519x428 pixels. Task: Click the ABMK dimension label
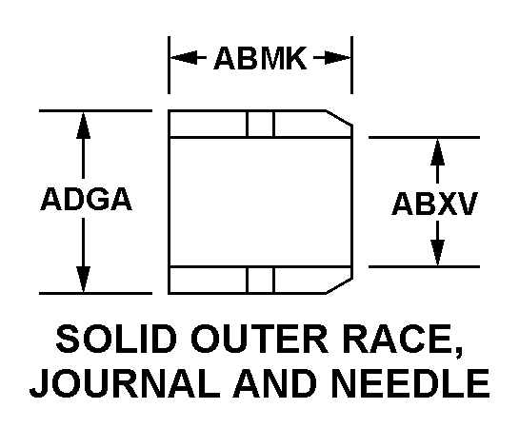point(260,58)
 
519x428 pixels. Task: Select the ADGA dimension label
point(86,199)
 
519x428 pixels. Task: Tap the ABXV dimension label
point(434,204)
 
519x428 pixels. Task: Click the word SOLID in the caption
point(116,340)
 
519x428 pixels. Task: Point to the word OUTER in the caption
point(259,340)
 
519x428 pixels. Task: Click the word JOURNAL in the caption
point(125,383)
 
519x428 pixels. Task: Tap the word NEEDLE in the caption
point(410,383)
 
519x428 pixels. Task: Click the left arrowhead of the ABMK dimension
point(184,58)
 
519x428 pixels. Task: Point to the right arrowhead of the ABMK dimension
point(337,58)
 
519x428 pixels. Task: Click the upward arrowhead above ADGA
point(83,125)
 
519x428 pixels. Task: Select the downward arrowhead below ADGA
point(83,280)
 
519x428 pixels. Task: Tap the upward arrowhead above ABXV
point(437,151)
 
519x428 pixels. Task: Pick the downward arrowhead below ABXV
point(437,252)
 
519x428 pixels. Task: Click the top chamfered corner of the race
point(339,118)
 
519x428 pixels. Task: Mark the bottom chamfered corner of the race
point(339,286)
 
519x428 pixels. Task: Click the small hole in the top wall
point(261,124)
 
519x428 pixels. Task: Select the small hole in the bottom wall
point(261,280)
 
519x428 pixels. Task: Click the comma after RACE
point(458,353)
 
